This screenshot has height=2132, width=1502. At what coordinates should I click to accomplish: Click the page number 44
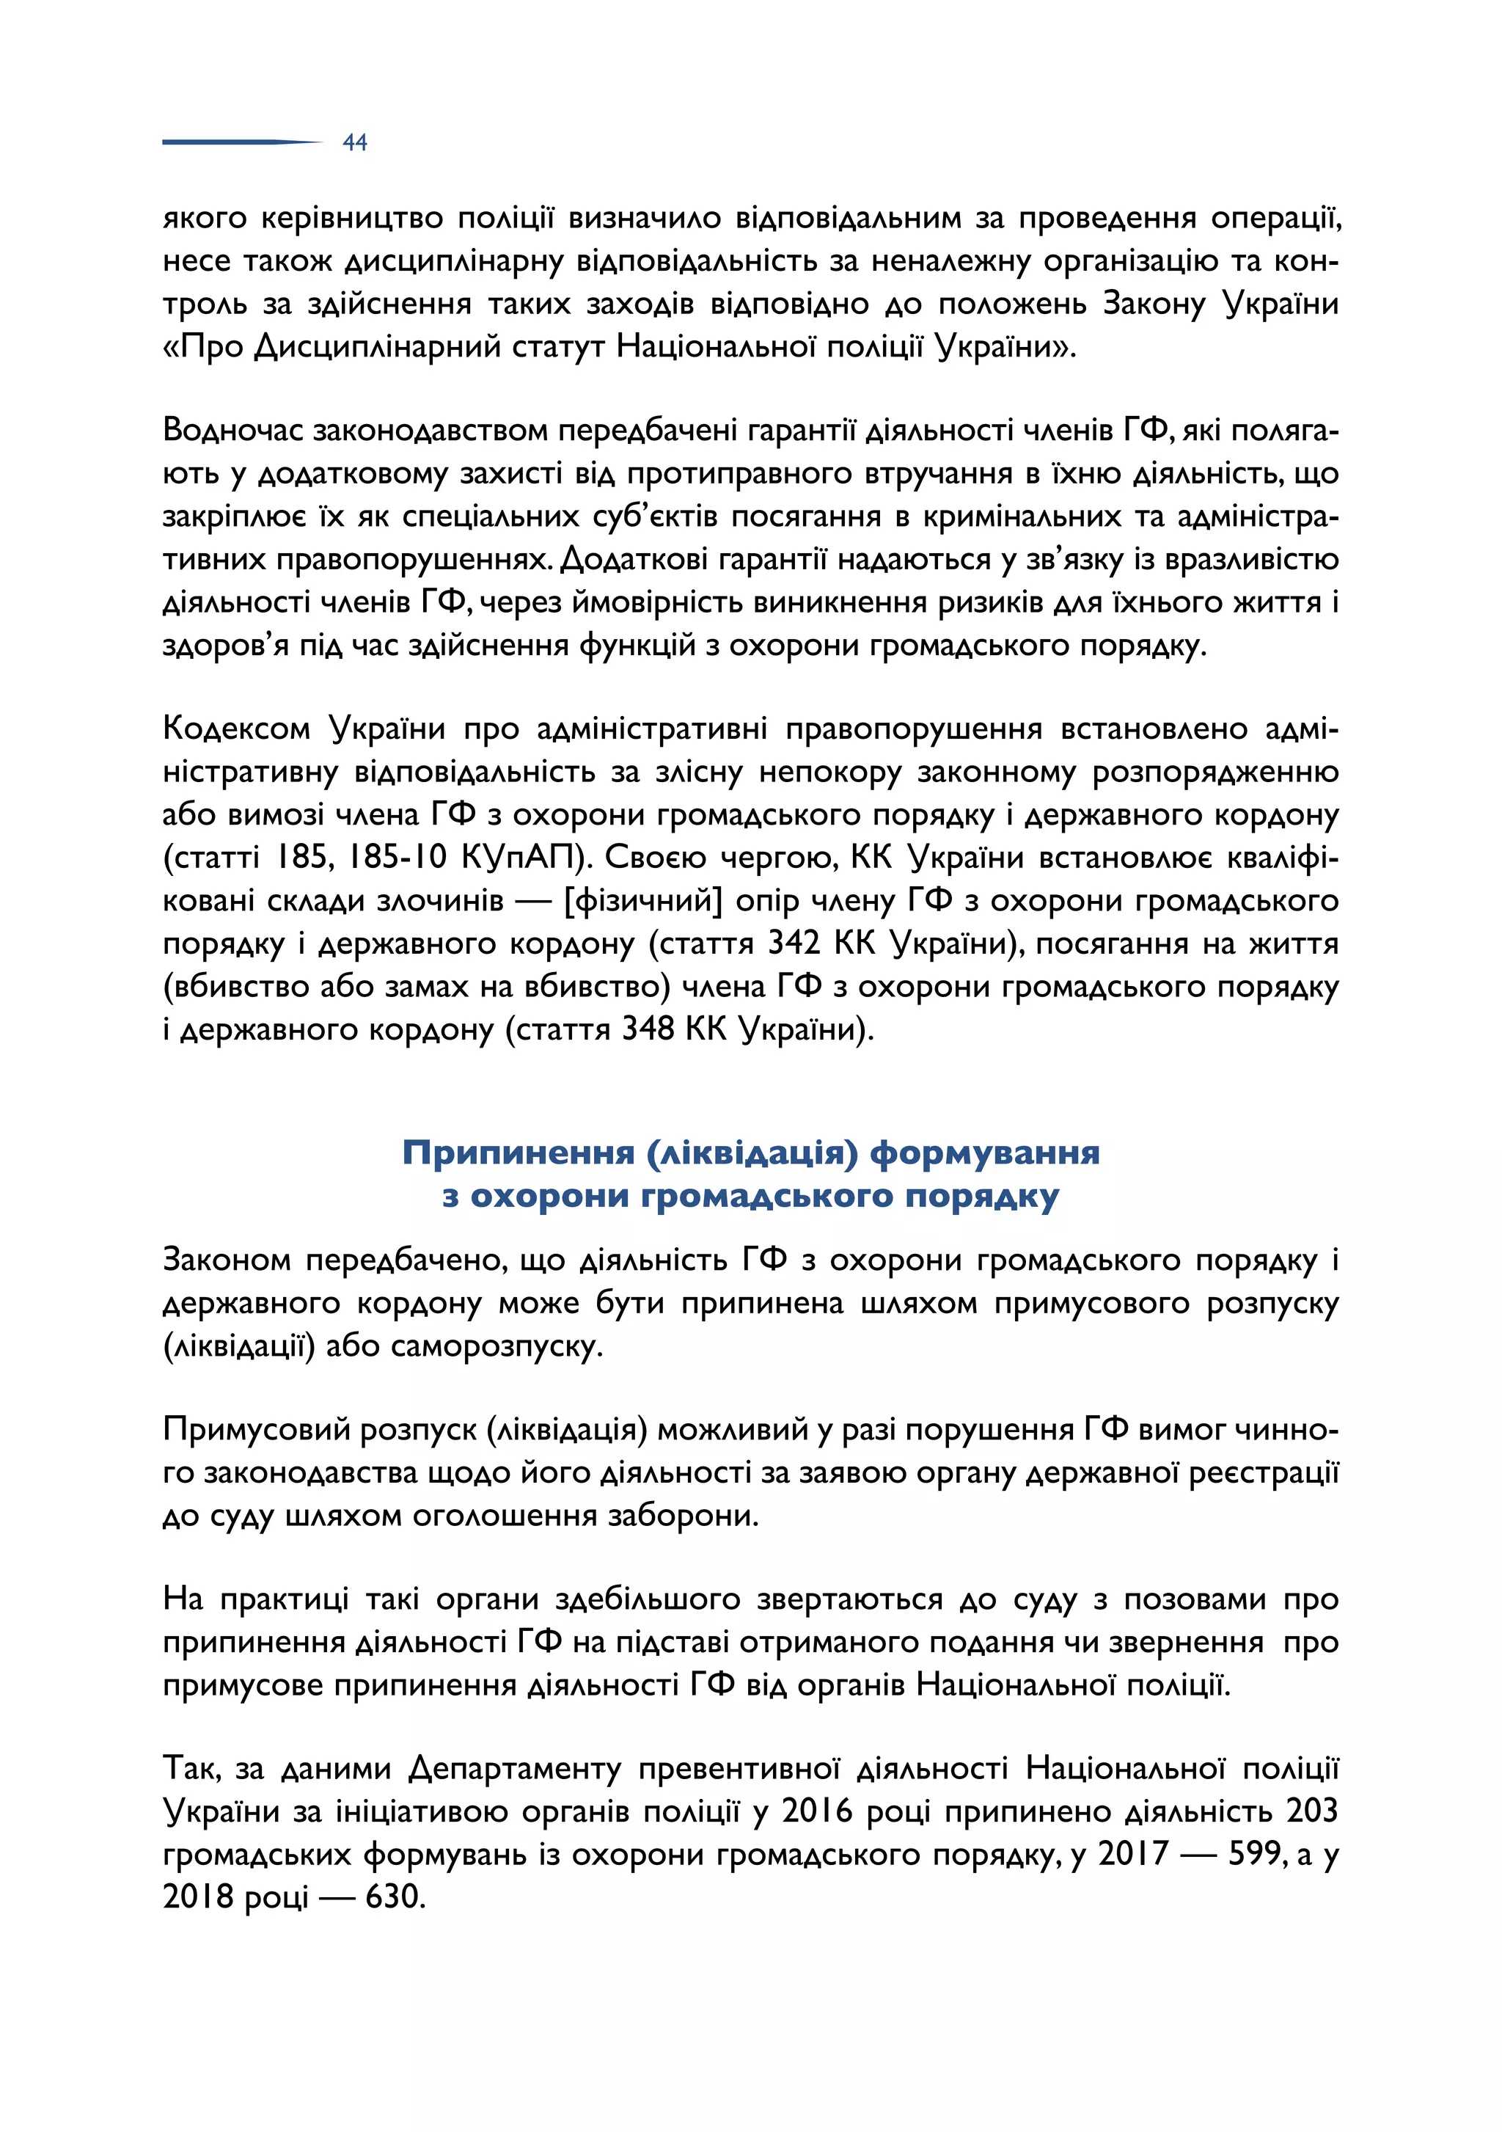[355, 142]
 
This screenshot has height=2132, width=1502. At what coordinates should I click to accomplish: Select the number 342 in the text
[794, 943]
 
